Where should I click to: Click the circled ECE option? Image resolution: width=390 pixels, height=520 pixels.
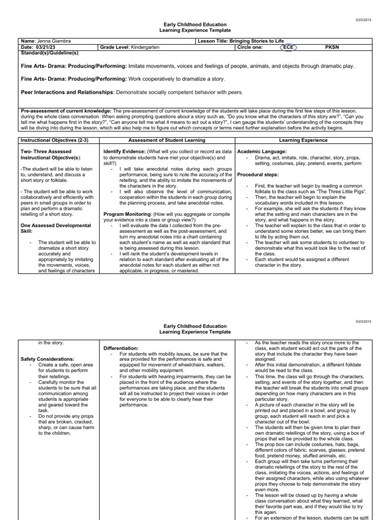(287, 47)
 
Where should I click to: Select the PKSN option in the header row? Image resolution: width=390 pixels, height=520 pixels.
(331, 47)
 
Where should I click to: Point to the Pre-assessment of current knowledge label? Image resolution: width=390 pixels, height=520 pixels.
(65, 110)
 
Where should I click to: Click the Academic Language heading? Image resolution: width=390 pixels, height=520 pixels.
(262, 151)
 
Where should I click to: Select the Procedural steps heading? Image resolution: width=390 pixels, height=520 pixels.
(260, 175)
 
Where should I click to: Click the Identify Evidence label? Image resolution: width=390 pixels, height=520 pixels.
(125, 151)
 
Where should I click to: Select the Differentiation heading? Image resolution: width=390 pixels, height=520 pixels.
(120, 348)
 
